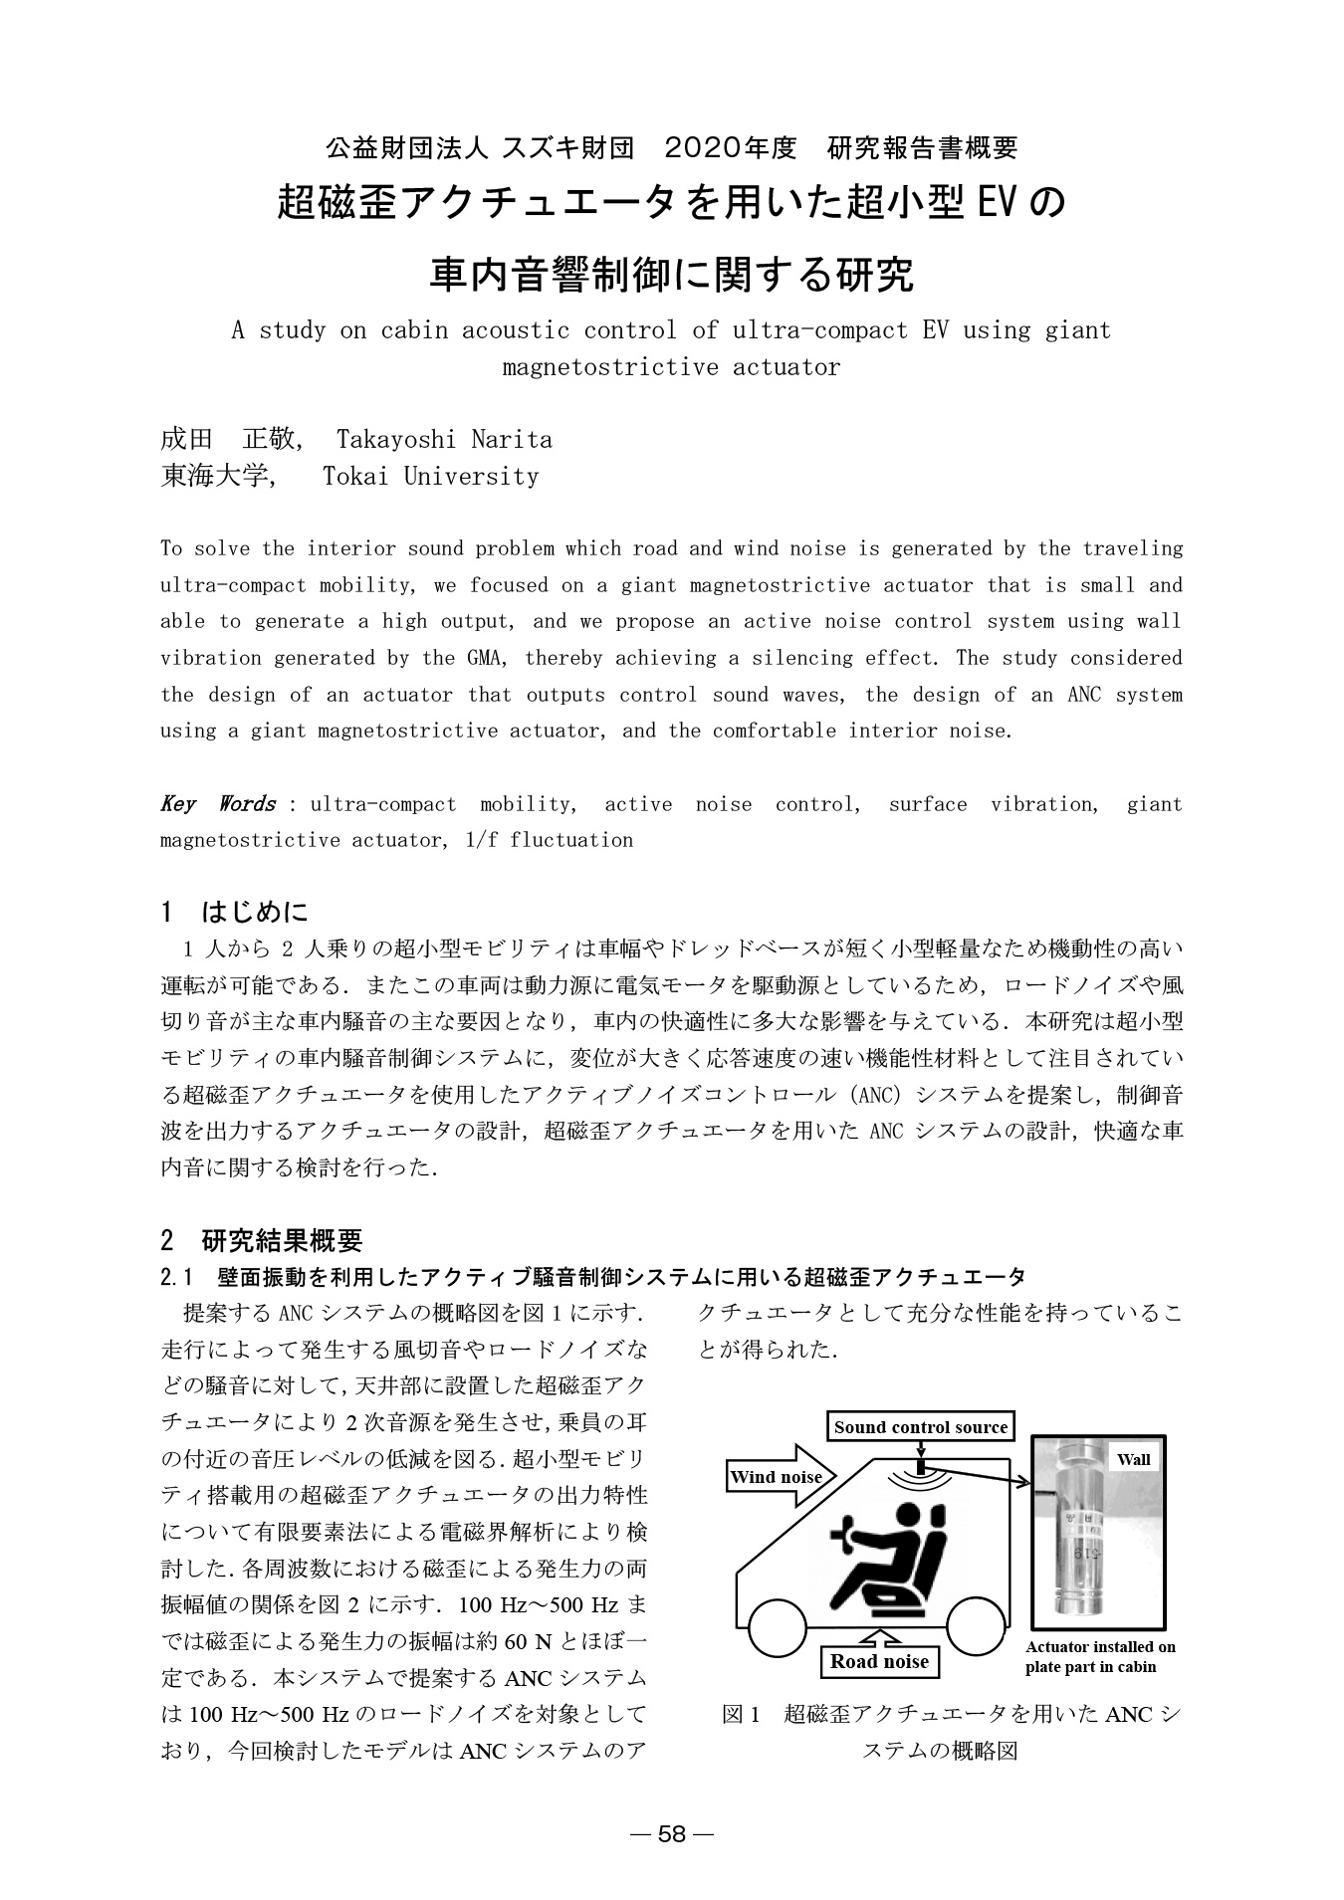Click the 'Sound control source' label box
pyautogui.click(x=920, y=1427)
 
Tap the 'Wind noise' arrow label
pyautogui.click(x=778, y=1477)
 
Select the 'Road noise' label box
pyautogui.click(x=879, y=1661)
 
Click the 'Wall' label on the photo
pyautogui.click(x=1133, y=1460)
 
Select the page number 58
pyautogui.click(x=672, y=1835)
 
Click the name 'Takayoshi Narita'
pyautogui.click(x=444, y=439)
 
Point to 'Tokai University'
pyautogui.click(x=430, y=476)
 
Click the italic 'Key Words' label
pyautogui.click(x=218, y=804)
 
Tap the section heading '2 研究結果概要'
pyautogui.click(x=262, y=1240)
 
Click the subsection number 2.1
pyautogui.click(x=175, y=1277)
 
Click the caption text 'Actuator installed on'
pyautogui.click(x=1100, y=1647)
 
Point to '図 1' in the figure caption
pyautogui.click(x=741, y=1715)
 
